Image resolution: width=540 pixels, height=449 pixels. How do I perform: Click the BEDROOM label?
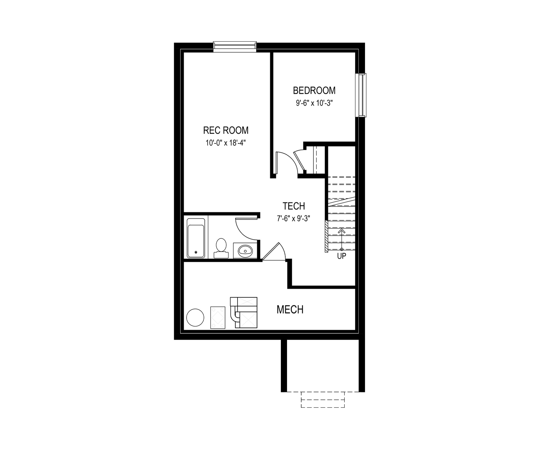pos(314,90)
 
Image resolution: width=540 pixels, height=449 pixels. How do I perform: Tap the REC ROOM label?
pos(226,130)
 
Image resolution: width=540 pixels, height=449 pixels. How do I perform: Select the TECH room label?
pos(294,206)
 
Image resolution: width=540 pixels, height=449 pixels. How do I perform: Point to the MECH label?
pos(290,310)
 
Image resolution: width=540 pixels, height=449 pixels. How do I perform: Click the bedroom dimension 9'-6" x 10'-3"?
pos(315,103)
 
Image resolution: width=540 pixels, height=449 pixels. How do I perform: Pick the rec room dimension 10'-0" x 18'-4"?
pos(225,143)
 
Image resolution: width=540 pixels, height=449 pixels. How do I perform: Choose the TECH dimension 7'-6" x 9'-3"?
pos(293,218)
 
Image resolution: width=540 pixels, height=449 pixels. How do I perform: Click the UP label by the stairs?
pos(342,256)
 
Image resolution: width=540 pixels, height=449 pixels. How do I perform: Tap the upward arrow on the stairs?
pos(342,240)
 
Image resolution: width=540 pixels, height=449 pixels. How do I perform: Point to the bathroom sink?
pos(245,251)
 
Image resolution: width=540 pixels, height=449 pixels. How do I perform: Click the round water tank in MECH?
pos(195,318)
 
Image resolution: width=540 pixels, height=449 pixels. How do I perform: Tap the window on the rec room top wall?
pos(235,46)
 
